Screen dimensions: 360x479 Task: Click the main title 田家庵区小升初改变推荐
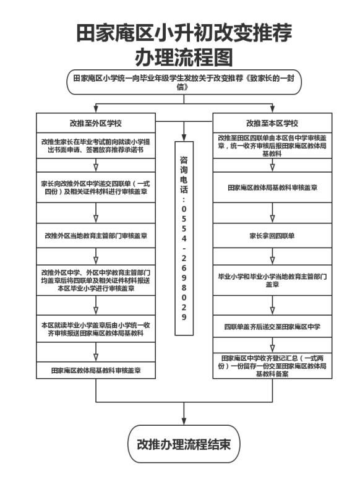[184, 33]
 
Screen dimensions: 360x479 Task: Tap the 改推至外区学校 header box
[96, 123]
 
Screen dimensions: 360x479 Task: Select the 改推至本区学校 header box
[272, 123]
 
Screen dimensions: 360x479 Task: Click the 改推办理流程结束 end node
[184, 444]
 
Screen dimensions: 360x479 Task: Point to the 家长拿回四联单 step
[272, 236]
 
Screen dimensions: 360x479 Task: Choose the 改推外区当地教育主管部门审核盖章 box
[96, 236]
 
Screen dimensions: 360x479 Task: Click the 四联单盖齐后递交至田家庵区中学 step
[272, 327]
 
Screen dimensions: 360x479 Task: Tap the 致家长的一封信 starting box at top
[184, 82]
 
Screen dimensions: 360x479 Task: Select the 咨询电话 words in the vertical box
[184, 175]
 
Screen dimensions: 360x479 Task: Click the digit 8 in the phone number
[184, 287]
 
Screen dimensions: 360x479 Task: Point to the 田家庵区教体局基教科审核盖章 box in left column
[96, 370]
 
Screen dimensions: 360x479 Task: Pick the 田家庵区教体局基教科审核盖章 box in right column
[272, 188]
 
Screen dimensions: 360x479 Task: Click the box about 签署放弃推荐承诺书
[96, 145]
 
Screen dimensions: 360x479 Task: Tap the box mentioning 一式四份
[96, 188]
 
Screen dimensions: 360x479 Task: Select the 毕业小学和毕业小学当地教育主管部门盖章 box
[272, 280]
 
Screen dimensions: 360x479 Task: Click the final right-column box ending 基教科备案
[272, 366]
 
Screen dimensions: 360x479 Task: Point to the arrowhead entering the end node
[184, 421]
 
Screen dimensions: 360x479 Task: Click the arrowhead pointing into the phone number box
[184, 137]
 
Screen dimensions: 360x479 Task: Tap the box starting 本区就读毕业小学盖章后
[96, 329]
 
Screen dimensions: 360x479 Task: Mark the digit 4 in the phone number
[184, 238]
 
